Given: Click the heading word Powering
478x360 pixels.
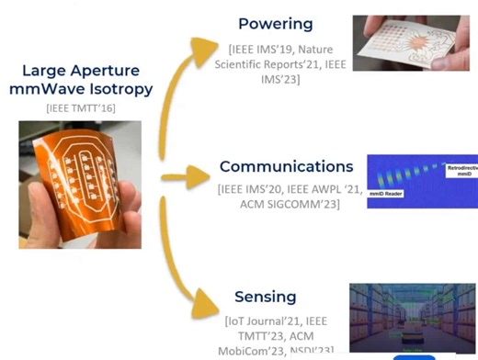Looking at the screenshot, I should click(x=275, y=23).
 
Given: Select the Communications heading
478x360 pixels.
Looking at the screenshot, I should click(x=286, y=167).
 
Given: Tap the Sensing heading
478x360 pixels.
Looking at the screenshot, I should click(x=265, y=297).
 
